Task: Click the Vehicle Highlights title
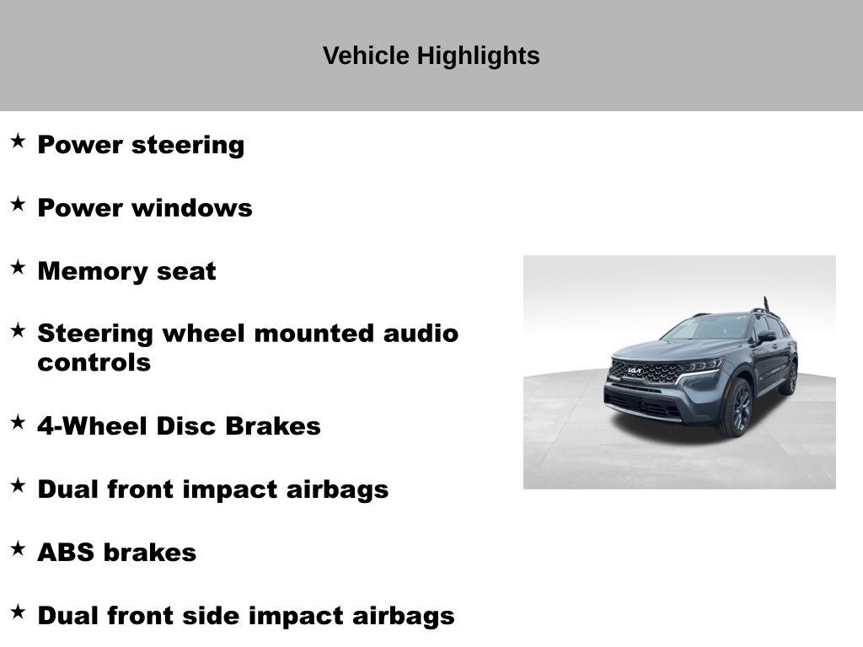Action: click(x=431, y=56)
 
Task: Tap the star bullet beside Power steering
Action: click(x=18, y=141)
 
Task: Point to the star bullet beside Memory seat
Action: click(x=18, y=267)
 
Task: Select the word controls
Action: click(x=94, y=363)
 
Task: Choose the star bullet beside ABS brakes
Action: click(x=18, y=548)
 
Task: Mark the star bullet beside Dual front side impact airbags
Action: click(x=18, y=612)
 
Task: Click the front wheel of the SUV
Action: click(x=736, y=407)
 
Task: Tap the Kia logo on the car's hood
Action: click(x=634, y=370)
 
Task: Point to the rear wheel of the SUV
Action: click(x=791, y=377)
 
